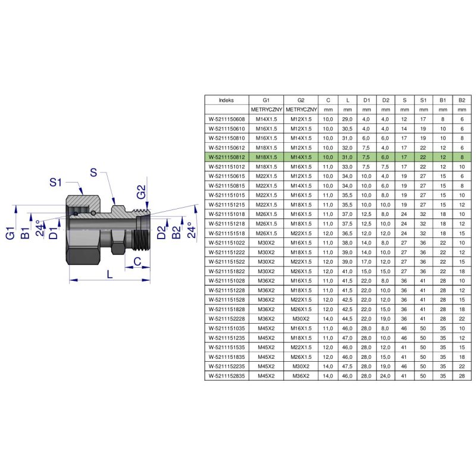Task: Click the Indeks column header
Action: point(227,100)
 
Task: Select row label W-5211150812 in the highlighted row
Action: point(227,157)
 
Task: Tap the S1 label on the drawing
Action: point(55,183)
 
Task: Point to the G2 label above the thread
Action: point(142,192)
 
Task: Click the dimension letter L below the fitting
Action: point(109,274)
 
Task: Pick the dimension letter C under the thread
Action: point(137,261)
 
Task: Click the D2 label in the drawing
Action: point(162,232)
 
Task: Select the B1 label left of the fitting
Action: point(25,233)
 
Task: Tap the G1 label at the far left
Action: point(10,233)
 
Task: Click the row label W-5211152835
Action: point(227,376)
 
